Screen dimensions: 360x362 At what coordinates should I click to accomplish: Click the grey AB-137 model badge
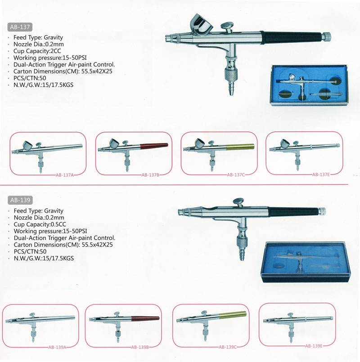20,27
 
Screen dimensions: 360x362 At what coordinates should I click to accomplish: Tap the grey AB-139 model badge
20,200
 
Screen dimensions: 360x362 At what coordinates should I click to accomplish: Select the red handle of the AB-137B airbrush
154,146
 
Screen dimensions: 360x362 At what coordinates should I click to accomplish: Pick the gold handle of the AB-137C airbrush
240,147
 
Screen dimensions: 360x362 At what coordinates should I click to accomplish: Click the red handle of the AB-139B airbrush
145,318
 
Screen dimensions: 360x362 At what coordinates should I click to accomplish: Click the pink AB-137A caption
65,175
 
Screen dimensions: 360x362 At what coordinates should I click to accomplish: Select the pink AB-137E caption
321,174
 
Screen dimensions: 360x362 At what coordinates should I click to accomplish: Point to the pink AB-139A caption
57,347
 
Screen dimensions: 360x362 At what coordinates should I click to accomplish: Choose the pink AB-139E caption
314,346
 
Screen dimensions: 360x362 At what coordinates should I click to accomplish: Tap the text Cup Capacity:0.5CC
40,224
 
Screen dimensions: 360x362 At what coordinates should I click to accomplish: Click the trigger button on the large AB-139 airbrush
238,201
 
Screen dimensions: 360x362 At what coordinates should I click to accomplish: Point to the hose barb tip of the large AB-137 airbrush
231,93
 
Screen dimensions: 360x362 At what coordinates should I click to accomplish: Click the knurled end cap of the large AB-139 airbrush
322,211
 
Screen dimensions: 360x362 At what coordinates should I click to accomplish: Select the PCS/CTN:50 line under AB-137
30,78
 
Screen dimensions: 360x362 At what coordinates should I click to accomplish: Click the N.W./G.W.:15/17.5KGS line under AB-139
44,258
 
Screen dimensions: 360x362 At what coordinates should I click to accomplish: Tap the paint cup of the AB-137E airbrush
285,143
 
